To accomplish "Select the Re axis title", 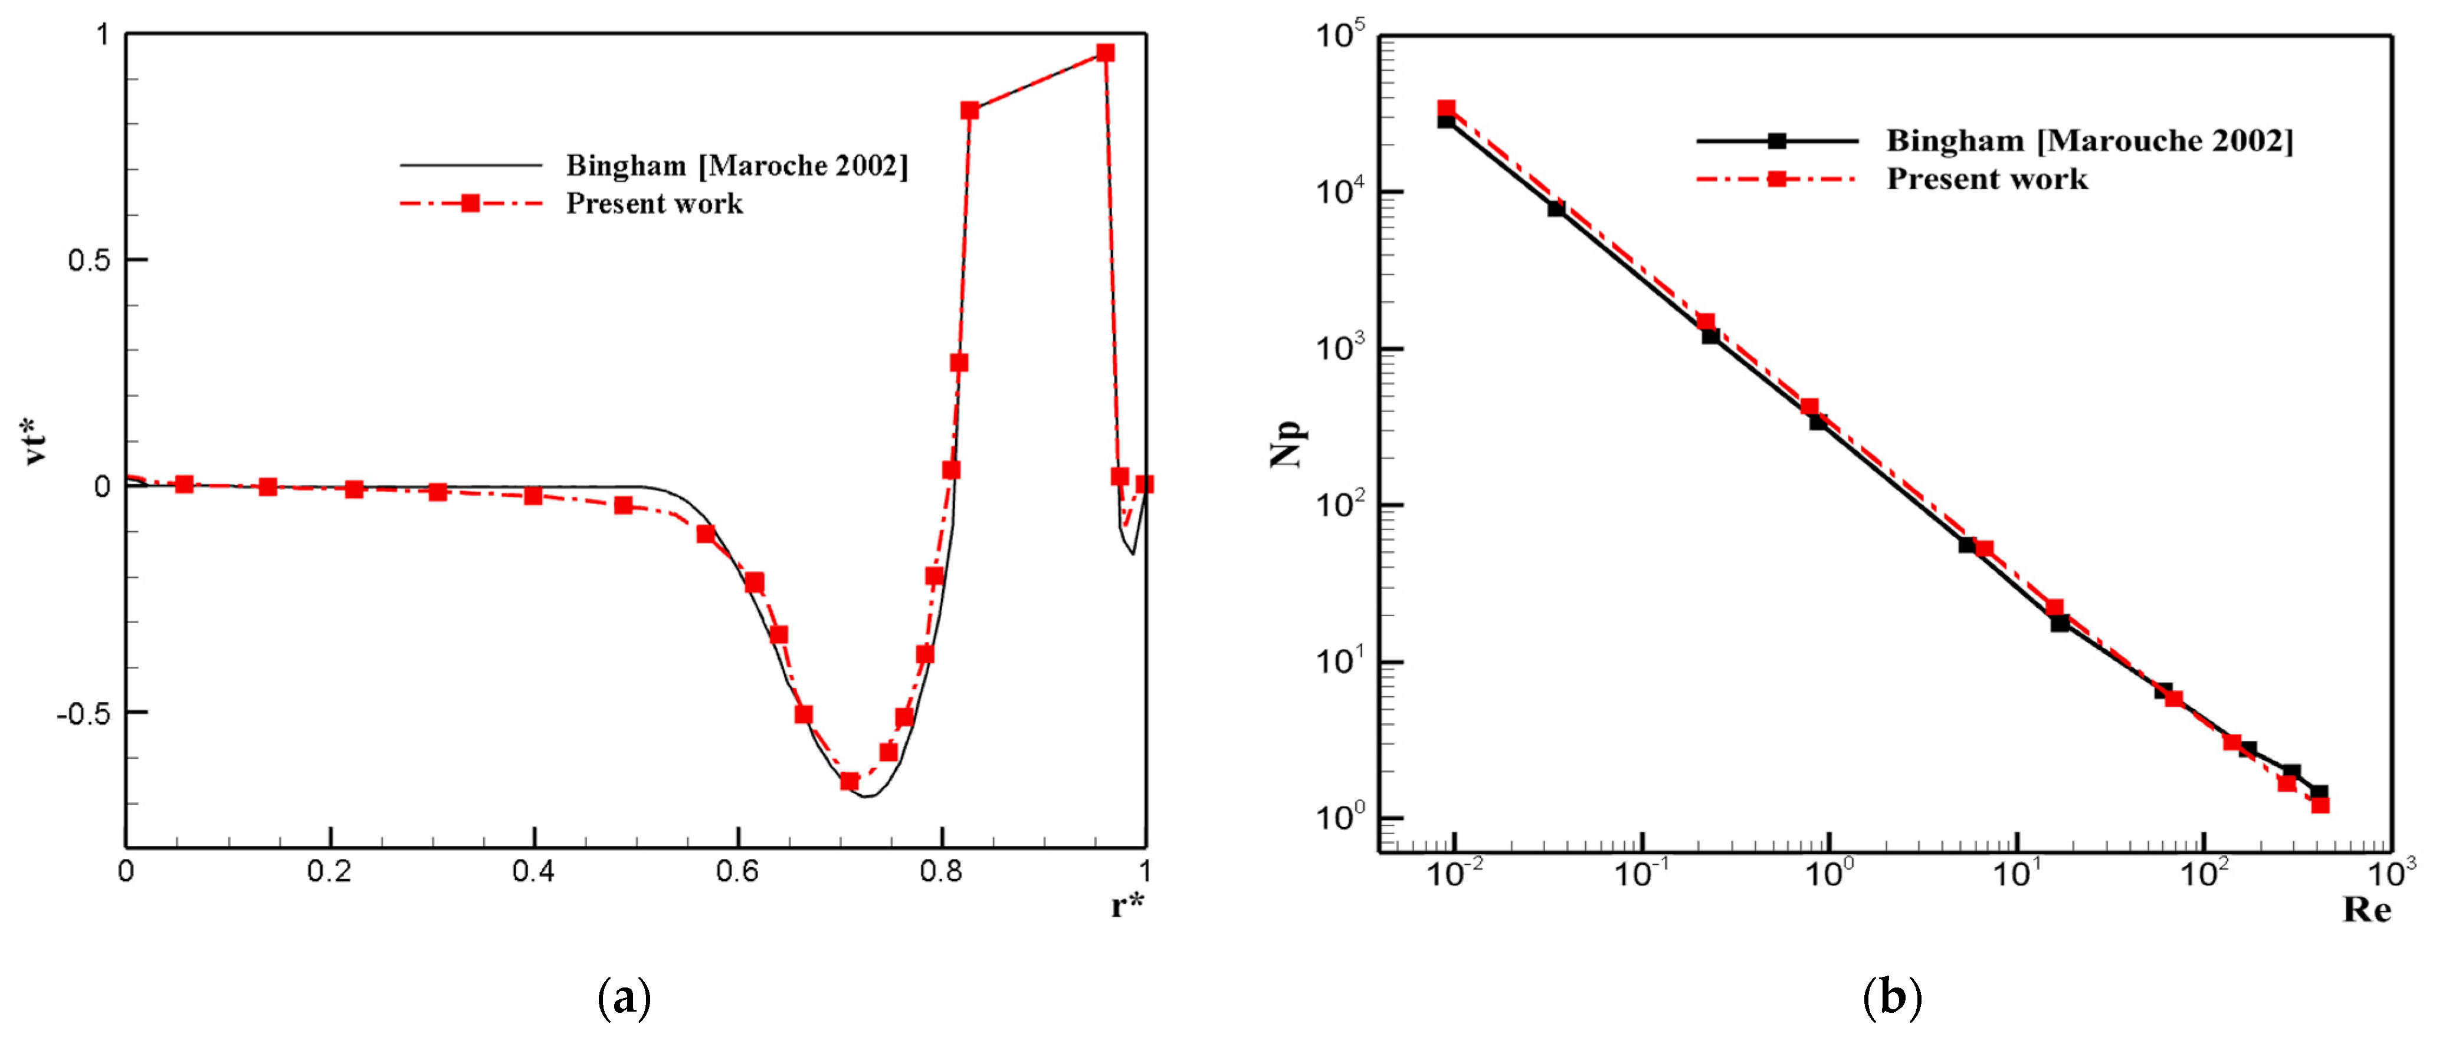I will (2366, 910).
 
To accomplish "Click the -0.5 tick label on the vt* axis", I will (84, 712).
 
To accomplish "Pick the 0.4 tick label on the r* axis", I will (534, 871).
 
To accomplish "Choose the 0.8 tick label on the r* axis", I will (941, 871).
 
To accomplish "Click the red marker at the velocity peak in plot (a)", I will (1104, 53).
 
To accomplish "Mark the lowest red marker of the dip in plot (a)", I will (849, 781).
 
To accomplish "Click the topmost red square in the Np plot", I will (1446, 109).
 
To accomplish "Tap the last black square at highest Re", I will (2319, 792).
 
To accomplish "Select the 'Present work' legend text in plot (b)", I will (1986, 179).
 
